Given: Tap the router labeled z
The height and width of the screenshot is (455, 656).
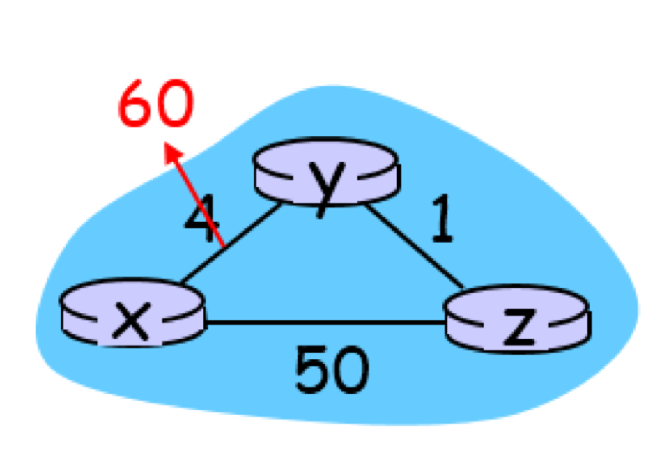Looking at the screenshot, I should [517, 318].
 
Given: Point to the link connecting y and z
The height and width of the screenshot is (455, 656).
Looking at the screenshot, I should [414, 246].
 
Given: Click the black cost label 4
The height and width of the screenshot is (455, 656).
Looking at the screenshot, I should [200, 218].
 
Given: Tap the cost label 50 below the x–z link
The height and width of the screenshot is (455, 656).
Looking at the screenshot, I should [331, 369].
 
